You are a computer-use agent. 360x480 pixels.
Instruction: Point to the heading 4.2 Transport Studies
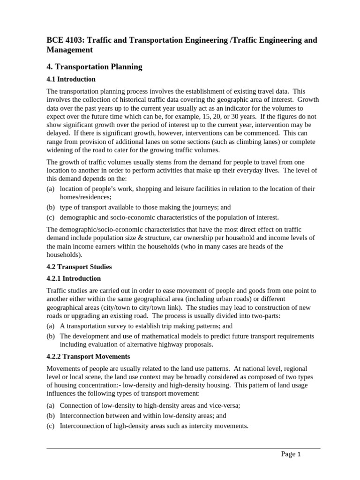pos(79,267)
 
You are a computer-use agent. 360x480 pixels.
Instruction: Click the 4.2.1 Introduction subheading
pos(74,278)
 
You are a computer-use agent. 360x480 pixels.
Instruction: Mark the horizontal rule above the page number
pos(183,449)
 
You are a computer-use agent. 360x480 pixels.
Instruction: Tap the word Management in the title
pos(69,50)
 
